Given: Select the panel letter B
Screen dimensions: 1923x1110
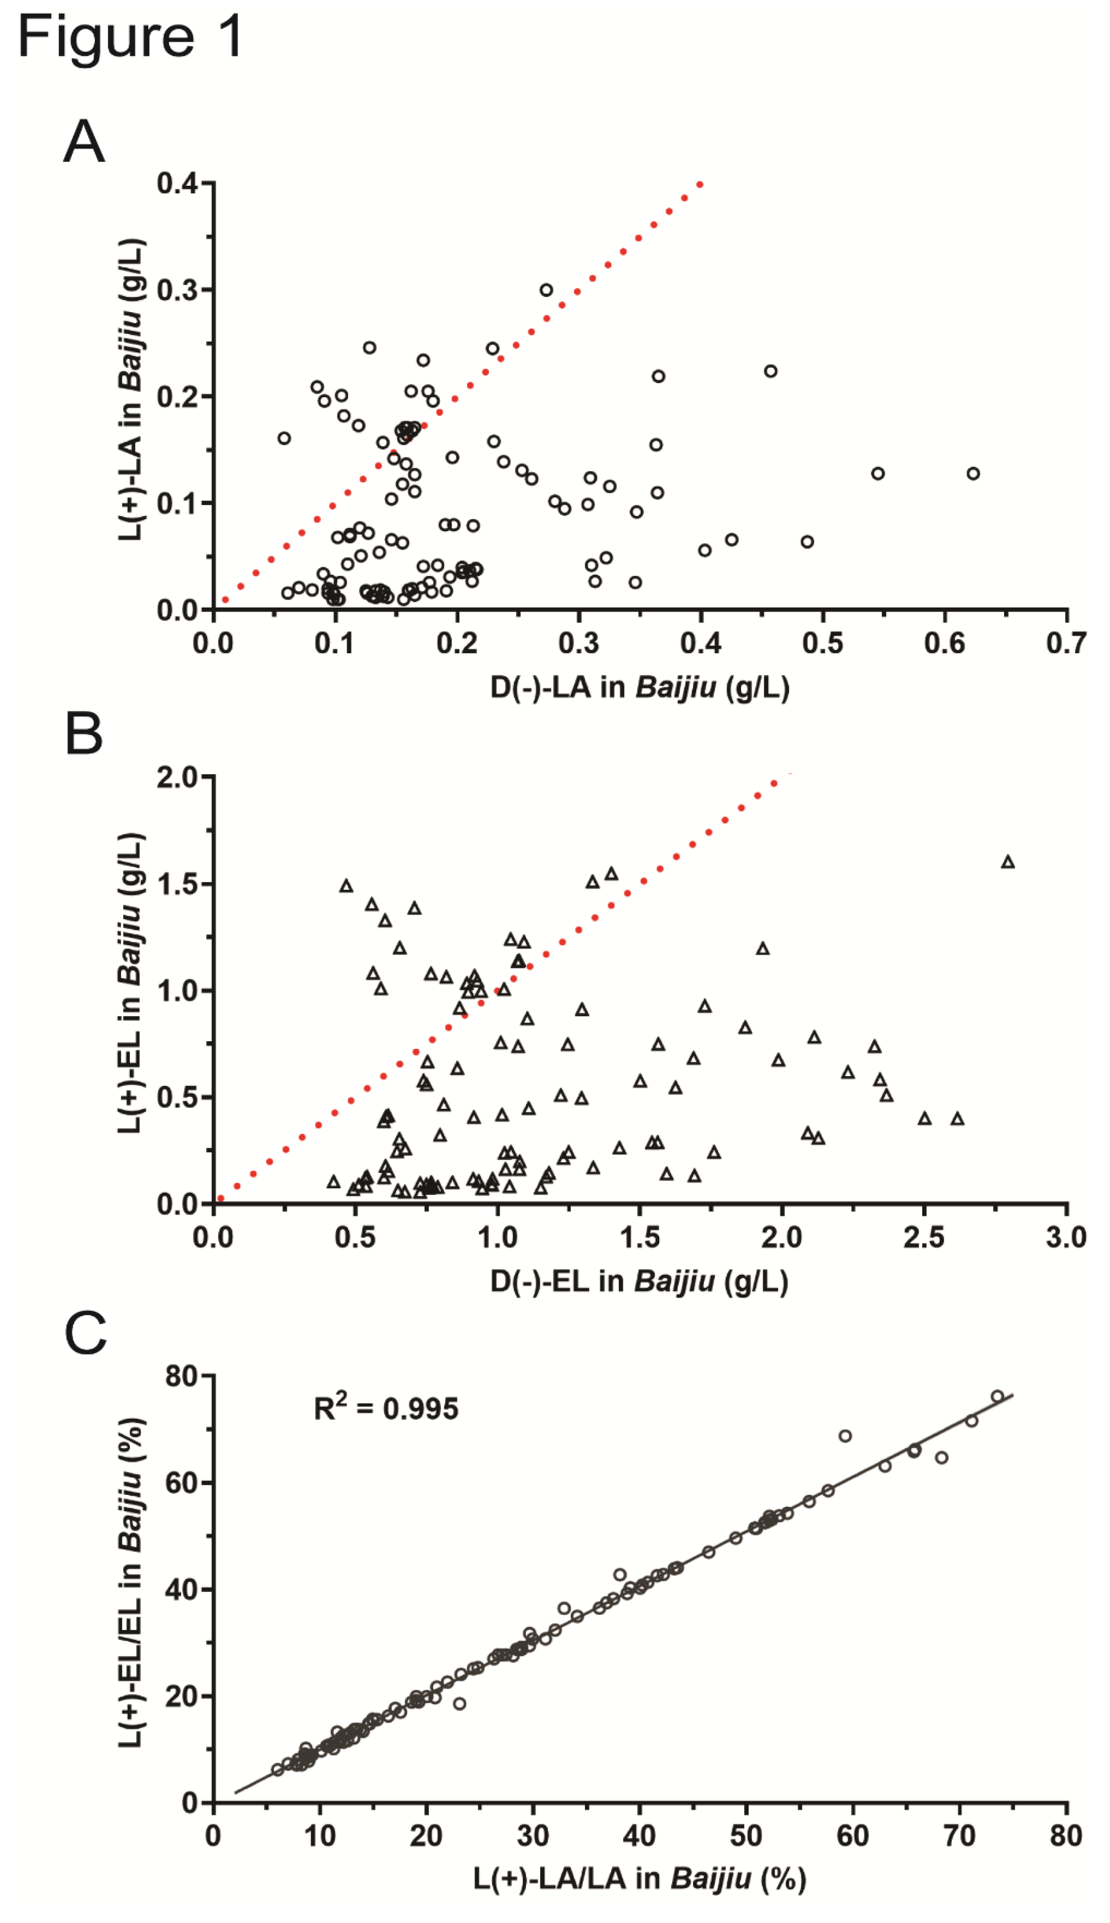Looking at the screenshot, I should pyautogui.click(x=84, y=734).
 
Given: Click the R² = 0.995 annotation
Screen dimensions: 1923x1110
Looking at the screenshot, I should pyautogui.click(x=386, y=1409).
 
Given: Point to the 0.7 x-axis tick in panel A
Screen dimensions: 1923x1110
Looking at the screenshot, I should pyautogui.click(x=1066, y=643).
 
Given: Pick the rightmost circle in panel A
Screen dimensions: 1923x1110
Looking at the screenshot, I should pyautogui.click(x=973, y=473).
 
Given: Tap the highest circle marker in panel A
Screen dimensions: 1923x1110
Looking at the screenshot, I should pyautogui.click(x=546, y=290).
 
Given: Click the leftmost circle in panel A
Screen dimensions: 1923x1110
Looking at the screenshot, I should pyautogui.click(x=284, y=438).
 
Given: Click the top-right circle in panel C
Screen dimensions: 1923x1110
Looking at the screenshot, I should pyautogui.click(x=997, y=1396).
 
